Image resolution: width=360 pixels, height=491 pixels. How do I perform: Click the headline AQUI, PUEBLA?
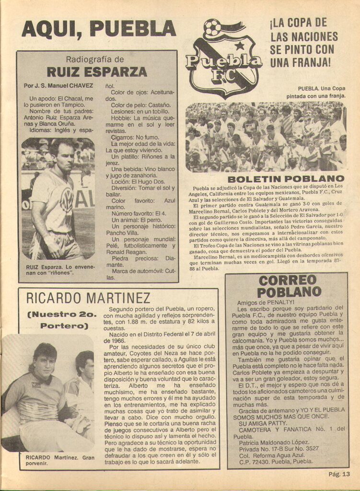[99, 28]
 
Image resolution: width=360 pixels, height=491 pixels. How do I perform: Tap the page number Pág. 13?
[339, 474]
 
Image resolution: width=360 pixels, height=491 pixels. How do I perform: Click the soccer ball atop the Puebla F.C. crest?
[212, 28]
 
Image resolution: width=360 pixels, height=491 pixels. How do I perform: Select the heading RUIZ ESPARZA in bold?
[96, 72]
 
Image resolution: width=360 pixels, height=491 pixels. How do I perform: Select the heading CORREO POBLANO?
[287, 286]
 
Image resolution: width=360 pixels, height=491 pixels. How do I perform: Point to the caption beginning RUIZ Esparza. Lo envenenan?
[58, 270]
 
